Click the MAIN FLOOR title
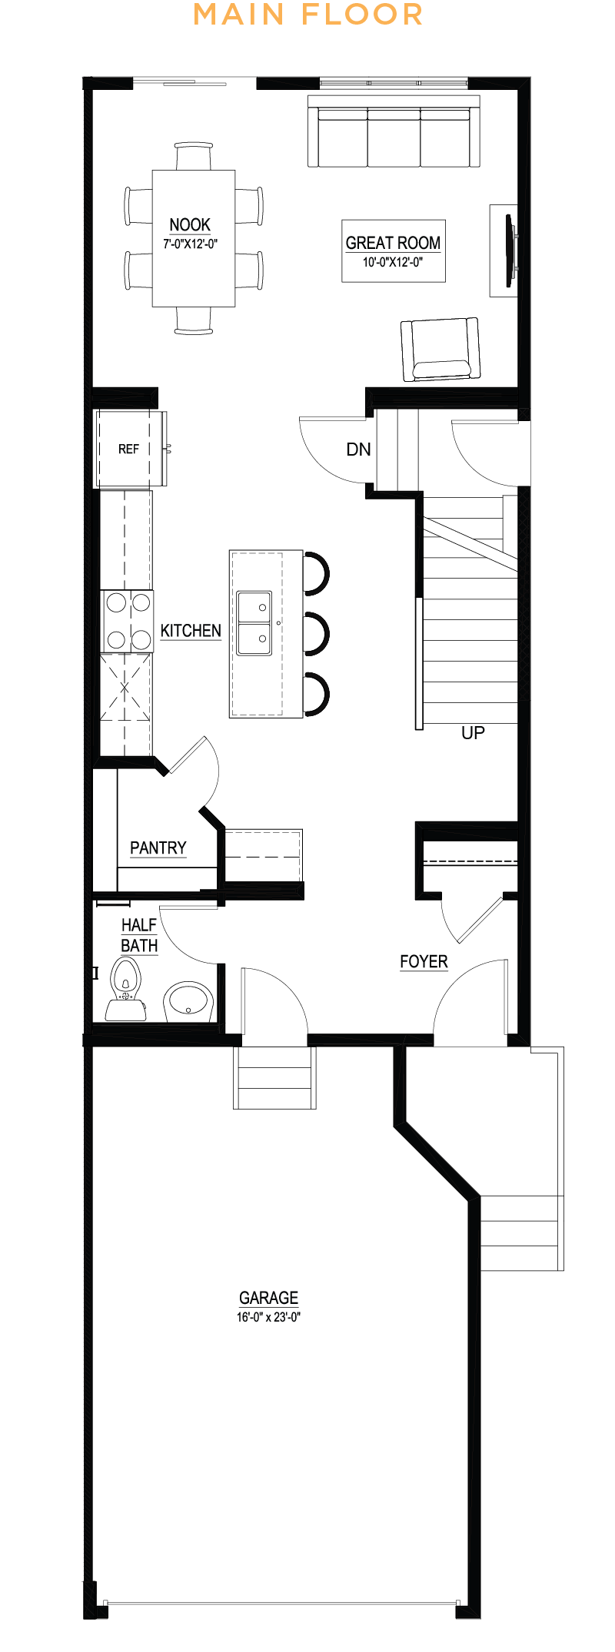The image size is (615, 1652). coord(307,15)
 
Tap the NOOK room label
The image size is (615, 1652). coord(190,224)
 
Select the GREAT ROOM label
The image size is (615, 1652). coord(393,243)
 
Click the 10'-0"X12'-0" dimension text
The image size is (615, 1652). coord(393,262)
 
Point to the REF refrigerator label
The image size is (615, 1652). coord(128,449)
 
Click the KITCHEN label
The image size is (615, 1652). coord(191,631)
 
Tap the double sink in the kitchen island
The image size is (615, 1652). coord(254,623)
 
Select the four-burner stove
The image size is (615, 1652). coord(128,621)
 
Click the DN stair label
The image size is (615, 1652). coord(358,449)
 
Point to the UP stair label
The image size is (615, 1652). coord(473,733)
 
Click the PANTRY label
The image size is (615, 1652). coord(158,848)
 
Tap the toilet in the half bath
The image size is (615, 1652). coord(125,989)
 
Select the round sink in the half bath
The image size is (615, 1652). coord(188,1001)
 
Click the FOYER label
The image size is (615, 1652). coord(424,962)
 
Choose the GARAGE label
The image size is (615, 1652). coord(268,1298)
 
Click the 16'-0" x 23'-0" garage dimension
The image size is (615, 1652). coord(268,1317)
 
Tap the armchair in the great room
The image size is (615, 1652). coord(440,350)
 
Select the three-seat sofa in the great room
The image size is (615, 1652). coord(394,131)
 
